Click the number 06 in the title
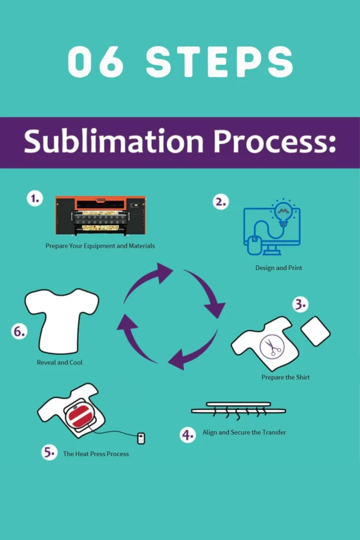[x=96, y=62]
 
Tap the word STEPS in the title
[x=219, y=62]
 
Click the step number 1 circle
[x=35, y=199]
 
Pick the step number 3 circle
[x=300, y=304]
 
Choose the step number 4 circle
[x=188, y=434]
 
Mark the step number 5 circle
[x=49, y=452]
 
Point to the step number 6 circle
[x=20, y=332]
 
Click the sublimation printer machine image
[x=101, y=216]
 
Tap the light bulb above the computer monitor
[x=283, y=211]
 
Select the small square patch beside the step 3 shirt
[x=315, y=331]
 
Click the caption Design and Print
[x=278, y=268]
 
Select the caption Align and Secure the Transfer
[x=244, y=432]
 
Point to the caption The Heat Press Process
[x=96, y=454]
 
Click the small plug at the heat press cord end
[x=141, y=438]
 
